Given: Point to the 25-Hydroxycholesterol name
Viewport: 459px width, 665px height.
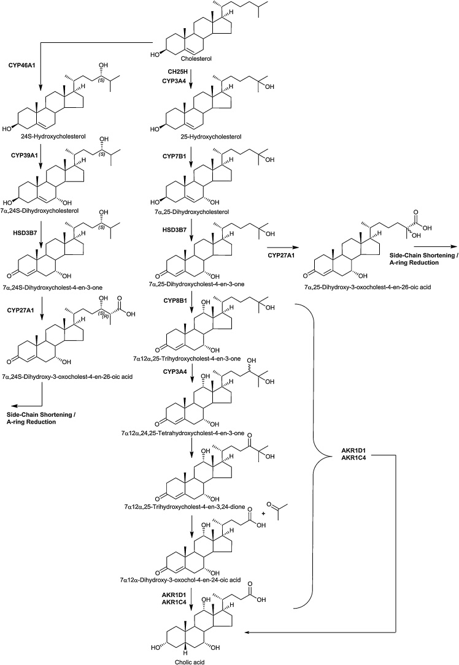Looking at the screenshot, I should [x=191, y=135].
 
